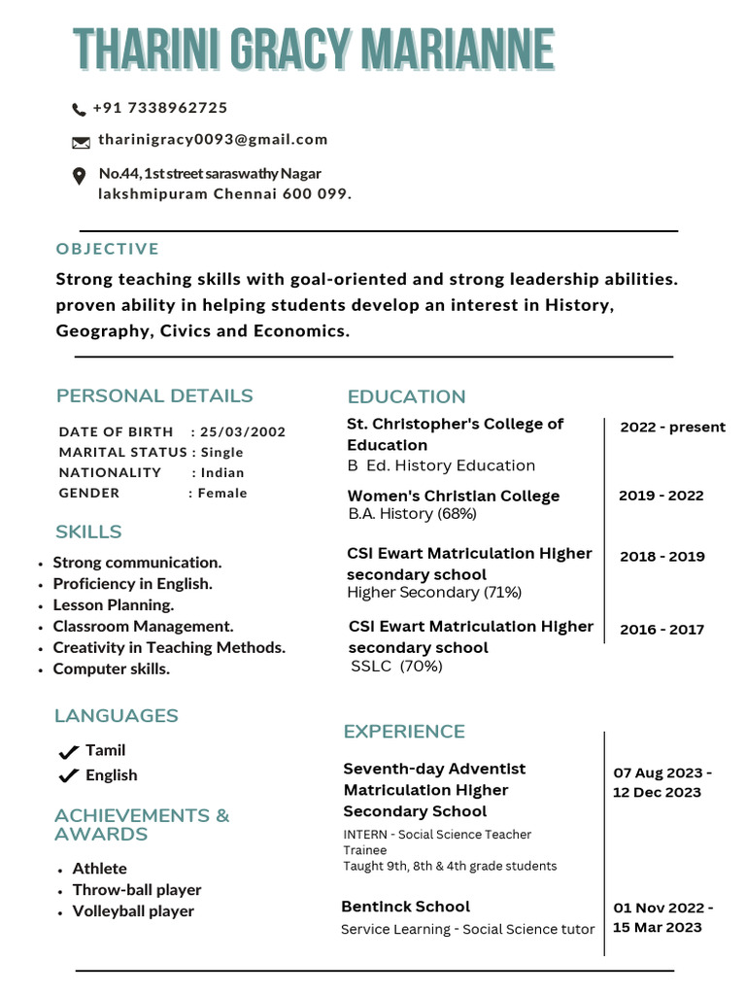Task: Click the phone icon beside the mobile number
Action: (x=79, y=109)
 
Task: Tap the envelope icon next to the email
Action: (x=81, y=142)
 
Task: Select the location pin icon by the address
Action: (x=80, y=176)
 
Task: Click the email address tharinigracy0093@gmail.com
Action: (x=213, y=139)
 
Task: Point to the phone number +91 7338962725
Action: (x=160, y=108)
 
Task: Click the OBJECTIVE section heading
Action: (x=108, y=249)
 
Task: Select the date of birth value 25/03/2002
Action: (x=243, y=431)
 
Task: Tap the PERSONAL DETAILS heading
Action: (x=154, y=395)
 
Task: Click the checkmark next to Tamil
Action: (x=68, y=751)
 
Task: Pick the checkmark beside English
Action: (x=68, y=775)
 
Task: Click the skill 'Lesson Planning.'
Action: (x=114, y=604)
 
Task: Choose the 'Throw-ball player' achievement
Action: (x=137, y=889)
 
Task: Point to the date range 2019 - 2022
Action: (x=661, y=496)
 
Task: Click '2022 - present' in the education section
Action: (x=672, y=427)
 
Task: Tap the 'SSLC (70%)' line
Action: (x=396, y=666)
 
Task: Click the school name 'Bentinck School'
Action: (x=405, y=907)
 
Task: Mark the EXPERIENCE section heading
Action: (x=404, y=731)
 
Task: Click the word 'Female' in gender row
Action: (x=222, y=493)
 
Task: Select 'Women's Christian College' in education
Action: (x=454, y=496)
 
